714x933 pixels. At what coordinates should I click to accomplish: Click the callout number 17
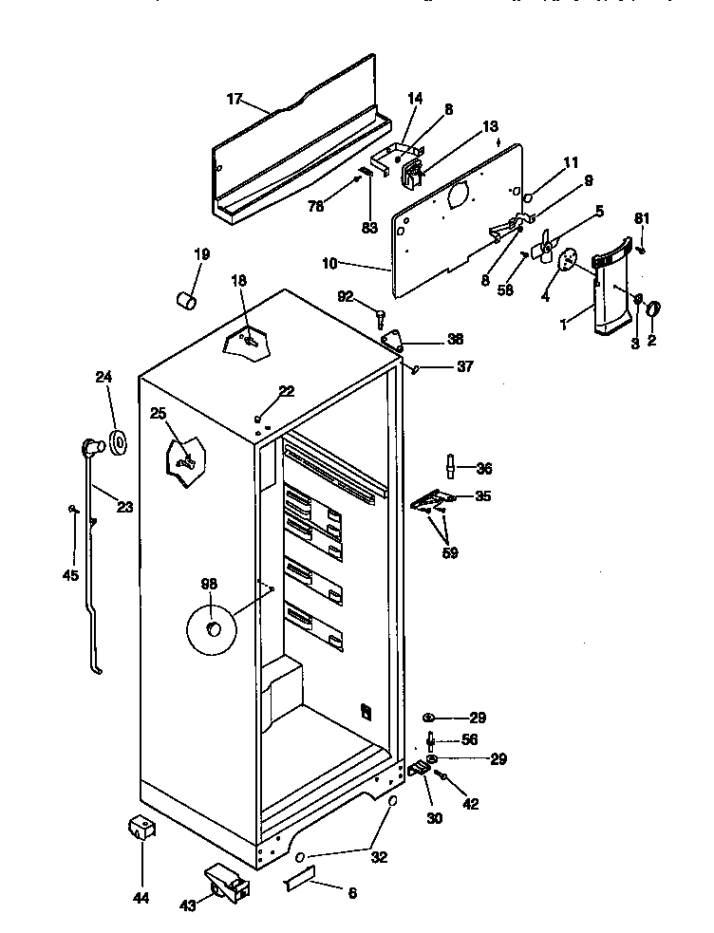235,99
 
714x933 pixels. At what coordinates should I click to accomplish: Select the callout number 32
379,857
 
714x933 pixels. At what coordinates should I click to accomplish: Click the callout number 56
470,739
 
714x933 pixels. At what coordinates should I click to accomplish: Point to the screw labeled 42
442,775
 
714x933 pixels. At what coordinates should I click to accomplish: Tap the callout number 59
449,552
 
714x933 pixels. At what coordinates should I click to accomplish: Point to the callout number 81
643,218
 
